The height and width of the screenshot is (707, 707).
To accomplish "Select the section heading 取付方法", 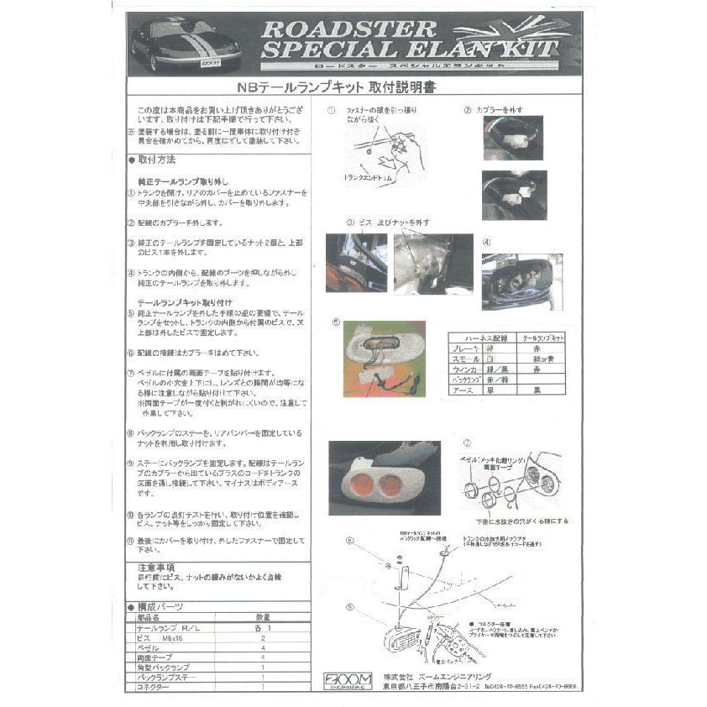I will (x=156, y=160).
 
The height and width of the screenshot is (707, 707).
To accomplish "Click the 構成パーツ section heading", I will (x=160, y=606).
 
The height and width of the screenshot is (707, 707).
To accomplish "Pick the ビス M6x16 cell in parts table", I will (x=165, y=638).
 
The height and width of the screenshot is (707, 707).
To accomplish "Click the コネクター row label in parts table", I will (x=154, y=687).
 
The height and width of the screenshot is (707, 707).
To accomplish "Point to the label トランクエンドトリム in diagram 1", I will (x=369, y=178).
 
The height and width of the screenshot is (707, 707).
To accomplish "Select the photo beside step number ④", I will (x=521, y=282).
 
